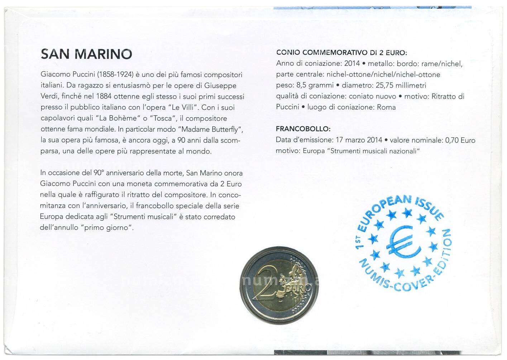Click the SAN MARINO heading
coord(86,54)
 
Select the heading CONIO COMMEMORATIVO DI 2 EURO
coord(341,53)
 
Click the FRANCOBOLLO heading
coord(303,129)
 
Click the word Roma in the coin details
coord(386,107)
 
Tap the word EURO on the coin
coord(293,288)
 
